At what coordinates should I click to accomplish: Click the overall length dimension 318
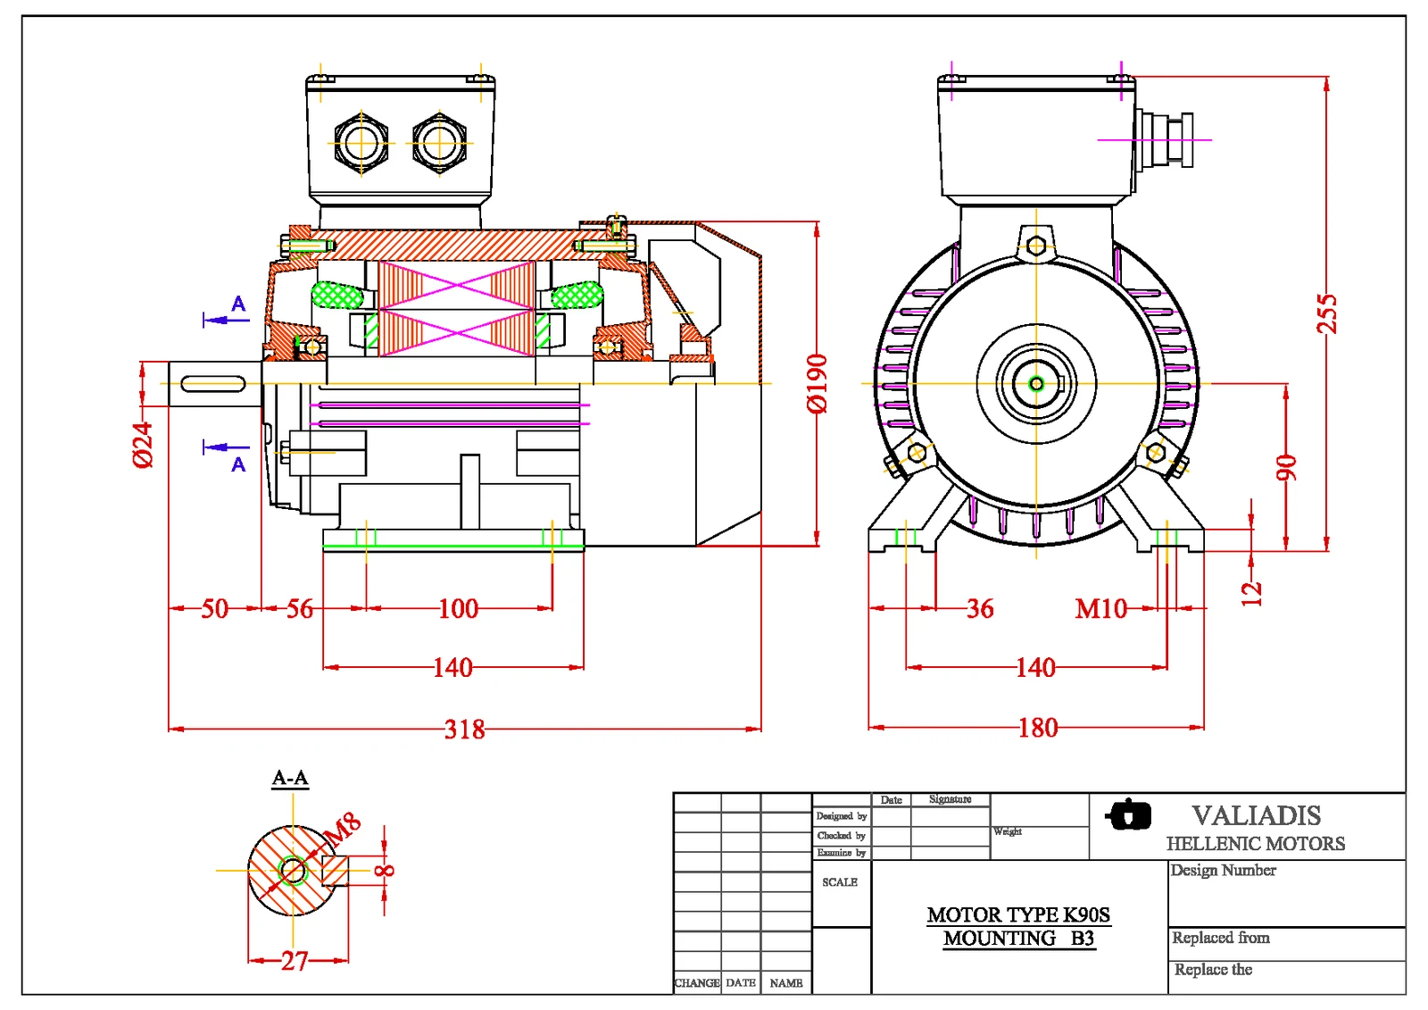tap(465, 729)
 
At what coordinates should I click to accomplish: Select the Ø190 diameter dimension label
tap(817, 384)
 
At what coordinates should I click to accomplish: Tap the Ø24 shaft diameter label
tap(143, 445)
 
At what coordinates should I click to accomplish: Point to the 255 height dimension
tap(1327, 313)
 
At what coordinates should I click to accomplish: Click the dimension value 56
tap(300, 609)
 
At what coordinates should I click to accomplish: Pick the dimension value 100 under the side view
tap(458, 609)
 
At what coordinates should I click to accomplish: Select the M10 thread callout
tap(1100, 609)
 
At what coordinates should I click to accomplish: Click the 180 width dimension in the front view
tap(1037, 728)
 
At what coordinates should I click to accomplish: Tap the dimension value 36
tap(979, 609)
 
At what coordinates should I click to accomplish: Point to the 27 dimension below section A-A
tap(295, 961)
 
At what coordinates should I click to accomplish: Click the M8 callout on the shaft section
tap(343, 828)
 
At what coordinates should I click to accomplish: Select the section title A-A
tap(290, 778)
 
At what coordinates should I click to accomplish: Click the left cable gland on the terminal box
tap(361, 143)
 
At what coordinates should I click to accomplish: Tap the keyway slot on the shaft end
tap(212, 384)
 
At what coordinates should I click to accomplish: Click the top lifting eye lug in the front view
tap(1035, 245)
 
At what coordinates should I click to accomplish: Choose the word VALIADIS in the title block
tap(1256, 815)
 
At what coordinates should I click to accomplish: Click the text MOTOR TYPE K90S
tap(1018, 914)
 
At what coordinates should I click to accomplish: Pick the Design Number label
tap(1223, 870)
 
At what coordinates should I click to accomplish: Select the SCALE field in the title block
tap(839, 882)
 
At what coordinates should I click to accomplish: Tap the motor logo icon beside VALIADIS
tap(1129, 814)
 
